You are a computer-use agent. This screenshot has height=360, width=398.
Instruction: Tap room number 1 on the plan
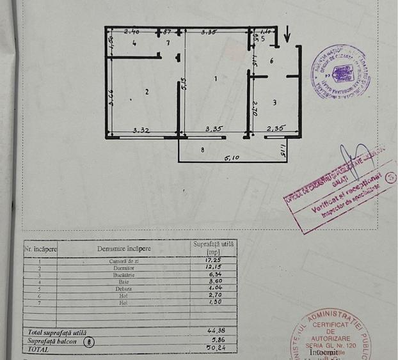216,78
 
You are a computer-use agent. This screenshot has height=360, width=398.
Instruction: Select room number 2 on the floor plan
147,92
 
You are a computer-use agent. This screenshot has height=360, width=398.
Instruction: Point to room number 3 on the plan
275,102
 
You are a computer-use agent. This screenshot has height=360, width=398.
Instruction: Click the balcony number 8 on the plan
202,150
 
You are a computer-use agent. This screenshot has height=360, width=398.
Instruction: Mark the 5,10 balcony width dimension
231,158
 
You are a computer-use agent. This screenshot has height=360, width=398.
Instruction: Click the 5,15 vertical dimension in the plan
183,84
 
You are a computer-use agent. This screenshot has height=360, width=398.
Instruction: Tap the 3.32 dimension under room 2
142,130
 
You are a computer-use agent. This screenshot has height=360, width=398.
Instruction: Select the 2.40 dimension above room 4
132,31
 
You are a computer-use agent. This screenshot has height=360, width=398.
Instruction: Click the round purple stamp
340,71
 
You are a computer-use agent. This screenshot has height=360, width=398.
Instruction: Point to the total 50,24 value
213,348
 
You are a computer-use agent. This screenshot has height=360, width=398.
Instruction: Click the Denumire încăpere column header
124,247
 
